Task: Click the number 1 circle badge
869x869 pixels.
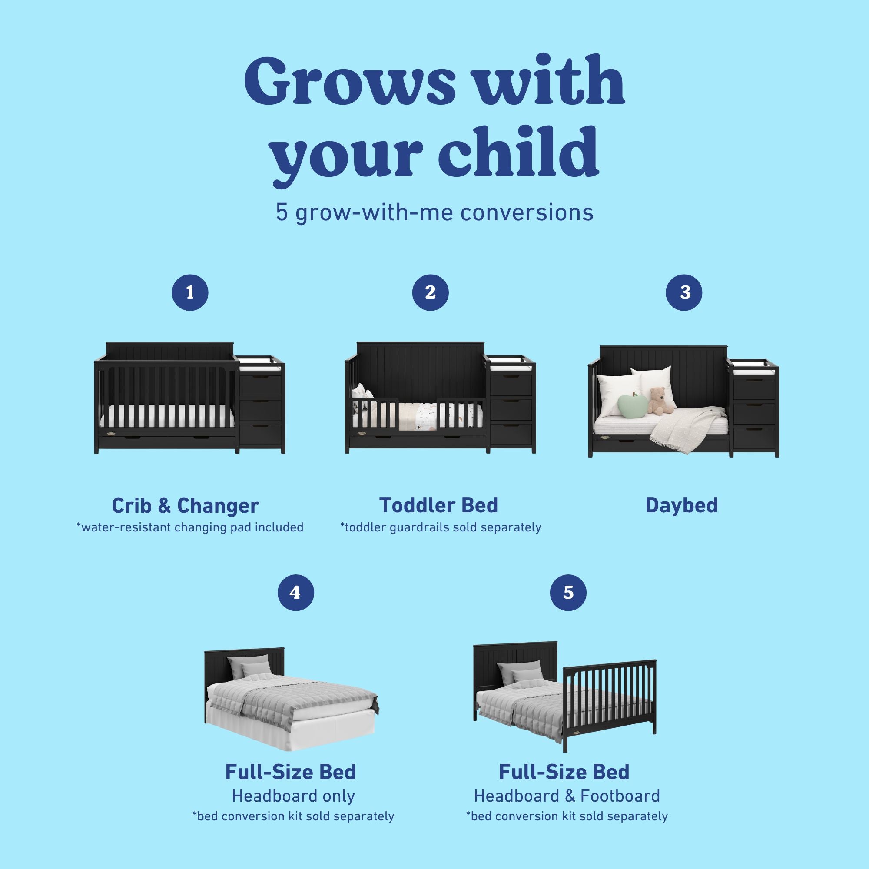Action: point(190,292)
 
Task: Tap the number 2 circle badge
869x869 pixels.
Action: point(430,292)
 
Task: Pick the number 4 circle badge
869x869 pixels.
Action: point(295,592)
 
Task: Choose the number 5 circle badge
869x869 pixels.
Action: point(568,592)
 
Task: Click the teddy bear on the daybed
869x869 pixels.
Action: point(658,400)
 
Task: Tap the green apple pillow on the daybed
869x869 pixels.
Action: point(632,407)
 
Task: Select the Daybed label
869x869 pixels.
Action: point(681,506)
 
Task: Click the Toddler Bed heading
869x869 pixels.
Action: point(438,506)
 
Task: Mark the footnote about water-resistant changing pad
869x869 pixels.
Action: point(190,527)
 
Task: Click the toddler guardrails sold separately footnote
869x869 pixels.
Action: point(440,527)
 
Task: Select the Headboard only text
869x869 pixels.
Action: point(293,796)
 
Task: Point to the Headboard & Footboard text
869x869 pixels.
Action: point(567,796)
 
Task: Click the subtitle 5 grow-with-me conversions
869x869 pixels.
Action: point(434,212)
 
